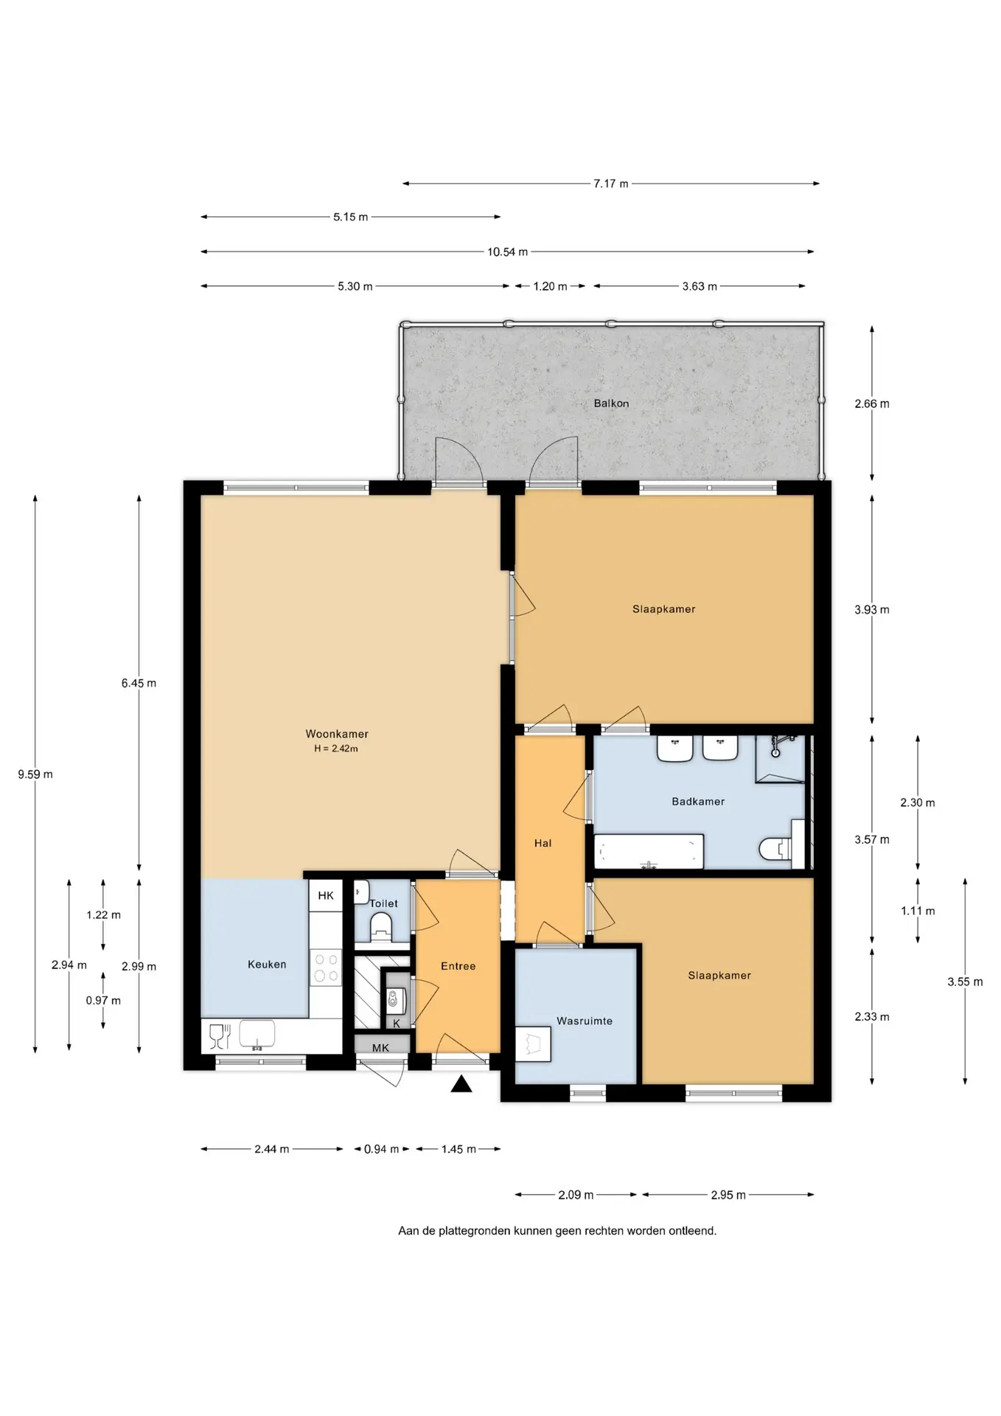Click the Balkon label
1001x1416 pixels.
click(611, 403)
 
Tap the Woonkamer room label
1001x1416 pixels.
click(337, 734)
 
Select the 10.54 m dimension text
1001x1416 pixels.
click(507, 251)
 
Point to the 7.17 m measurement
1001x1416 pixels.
click(611, 184)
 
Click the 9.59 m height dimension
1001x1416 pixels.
click(35, 774)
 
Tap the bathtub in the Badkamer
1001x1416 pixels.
click(649, 852)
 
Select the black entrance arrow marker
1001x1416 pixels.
click(461, 1083)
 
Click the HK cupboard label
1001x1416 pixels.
click(326, 895)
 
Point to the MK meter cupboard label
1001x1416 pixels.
click(380, 1048)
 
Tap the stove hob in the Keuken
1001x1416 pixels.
click(326, 968)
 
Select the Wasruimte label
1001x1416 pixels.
click(585, 1021)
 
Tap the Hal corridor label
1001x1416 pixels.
click(543, 843)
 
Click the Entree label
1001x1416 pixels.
click(458, 966)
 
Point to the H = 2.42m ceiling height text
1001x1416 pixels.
click(336, 749)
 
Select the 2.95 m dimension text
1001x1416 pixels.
click(728, 1195)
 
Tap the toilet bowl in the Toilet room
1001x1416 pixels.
click(382, 925)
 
